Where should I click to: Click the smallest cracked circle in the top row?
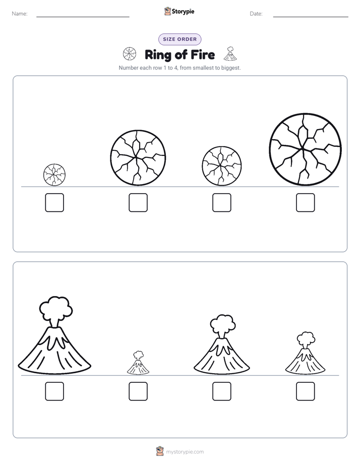54,174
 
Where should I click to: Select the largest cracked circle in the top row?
306,149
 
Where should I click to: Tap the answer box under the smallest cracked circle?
54,203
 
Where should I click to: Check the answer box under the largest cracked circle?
306,203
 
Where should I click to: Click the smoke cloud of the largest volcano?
56,308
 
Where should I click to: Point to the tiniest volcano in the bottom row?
138,363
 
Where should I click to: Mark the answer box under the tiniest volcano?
138,391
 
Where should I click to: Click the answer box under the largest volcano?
54,391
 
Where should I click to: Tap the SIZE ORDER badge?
179,39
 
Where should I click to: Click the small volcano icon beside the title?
230,53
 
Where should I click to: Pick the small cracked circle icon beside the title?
130,54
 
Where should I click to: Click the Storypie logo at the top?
179,11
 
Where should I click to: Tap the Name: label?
20,14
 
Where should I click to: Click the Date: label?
256,14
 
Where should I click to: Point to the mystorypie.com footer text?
185,452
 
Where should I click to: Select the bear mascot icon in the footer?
160,451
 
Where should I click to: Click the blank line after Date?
311,17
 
